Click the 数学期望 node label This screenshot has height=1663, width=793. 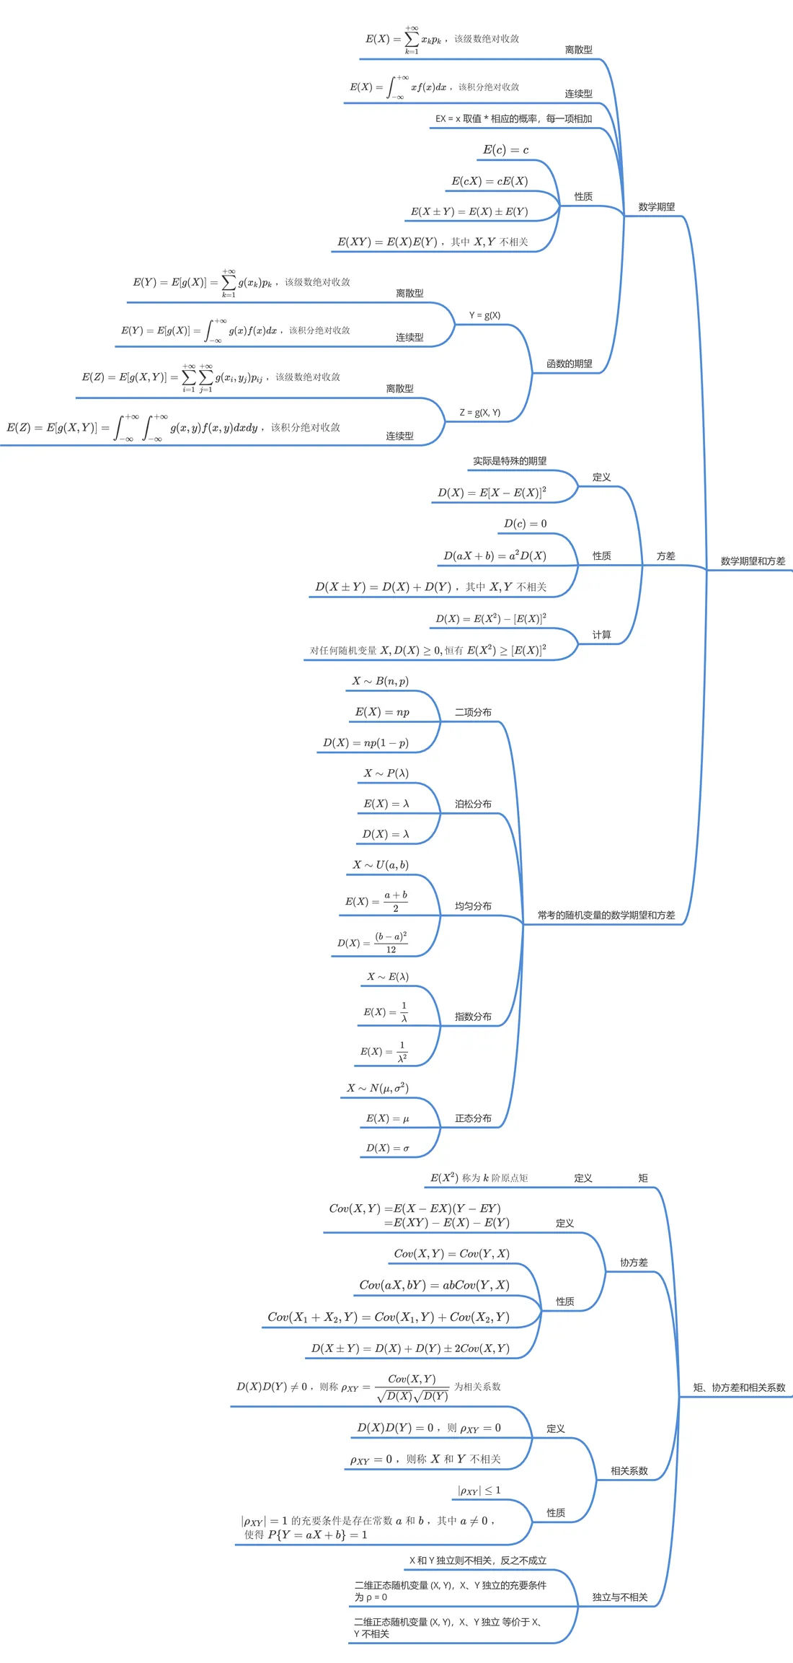[x=656, y=207]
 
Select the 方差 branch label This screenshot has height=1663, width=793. [x=665, y=556]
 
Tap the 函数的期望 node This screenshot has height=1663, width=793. [x=569, y=364]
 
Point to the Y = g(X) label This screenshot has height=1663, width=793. [x=484, y=315]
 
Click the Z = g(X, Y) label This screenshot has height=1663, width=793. [x=479, y=413]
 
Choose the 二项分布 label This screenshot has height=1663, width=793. [x=473, y=712]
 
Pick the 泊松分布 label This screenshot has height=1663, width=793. [x=473, y=804]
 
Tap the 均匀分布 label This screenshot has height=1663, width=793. [x=473, y=906]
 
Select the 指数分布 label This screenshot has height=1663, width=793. [x=473, y=1017]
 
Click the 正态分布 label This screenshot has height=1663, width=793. [x=473, y=1118]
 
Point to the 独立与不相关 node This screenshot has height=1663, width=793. [x=620, y=1597]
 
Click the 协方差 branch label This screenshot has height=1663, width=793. [x=634, y=1263]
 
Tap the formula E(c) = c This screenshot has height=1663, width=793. [x=505, y=150]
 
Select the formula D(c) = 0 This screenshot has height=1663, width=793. [x=525, y=524]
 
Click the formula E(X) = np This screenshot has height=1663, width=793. [x=382, y=712]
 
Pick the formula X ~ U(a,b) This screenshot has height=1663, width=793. [x=381, y=865]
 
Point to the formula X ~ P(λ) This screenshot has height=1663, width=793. [x=386, y=773]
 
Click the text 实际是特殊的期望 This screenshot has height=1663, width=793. [x=510, y=461]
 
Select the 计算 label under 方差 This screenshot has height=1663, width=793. [x=601, y=635]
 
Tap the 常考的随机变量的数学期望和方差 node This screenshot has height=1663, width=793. [x=606, y=916]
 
